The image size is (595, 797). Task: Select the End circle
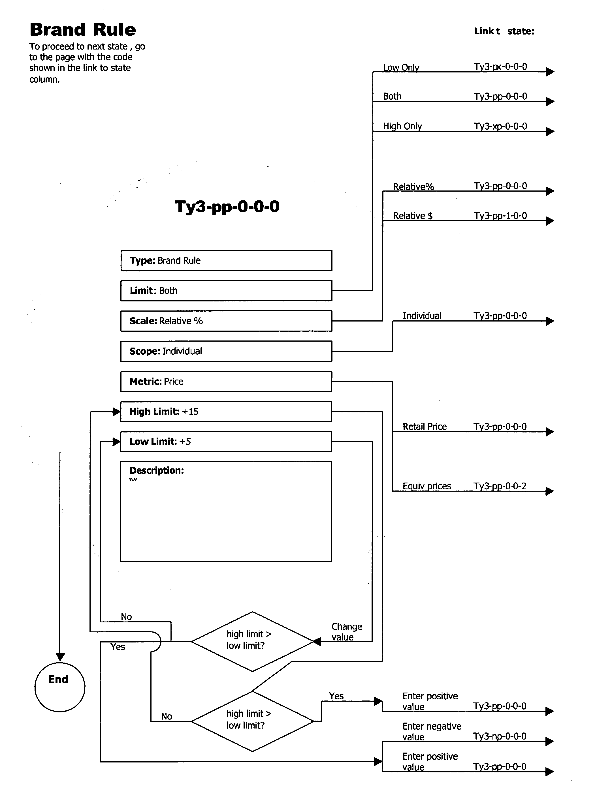pyautogui.click(x=60, y=687)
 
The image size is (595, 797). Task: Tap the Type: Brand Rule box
pyautogui.click(x=226, y=261)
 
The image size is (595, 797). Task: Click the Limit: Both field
pyautogui.click(x=226, y=290)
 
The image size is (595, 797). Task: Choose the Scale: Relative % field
pyautogui.click(x=226, y=321)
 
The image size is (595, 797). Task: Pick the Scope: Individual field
pyautogui.click(x=226, y=351)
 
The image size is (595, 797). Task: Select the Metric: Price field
pyautogui.click(x=226, y=381)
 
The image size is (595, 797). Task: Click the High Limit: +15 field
pyautogui.click(x=226, y=412)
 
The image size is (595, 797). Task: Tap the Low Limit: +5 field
pyautogui.click(x=226, y=441)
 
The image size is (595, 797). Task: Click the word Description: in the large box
pyautogui.click(x=157, y=470)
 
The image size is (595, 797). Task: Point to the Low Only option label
pyautogui.click(x=401, y=67)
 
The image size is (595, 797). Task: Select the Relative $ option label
pyautogui.click(x=412, y=216)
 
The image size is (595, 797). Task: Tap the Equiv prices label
pyautogui.click(x=426, y=486)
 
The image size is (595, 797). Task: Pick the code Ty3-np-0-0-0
pyautogui.click(x=500, y=736)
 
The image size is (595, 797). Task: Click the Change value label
pyautogui.click(x=346, y=631)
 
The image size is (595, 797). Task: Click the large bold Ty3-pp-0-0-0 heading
pyautogui.click(x=227, y=207)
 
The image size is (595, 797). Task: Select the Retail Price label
pyautogui.click(x=424, y=427)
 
